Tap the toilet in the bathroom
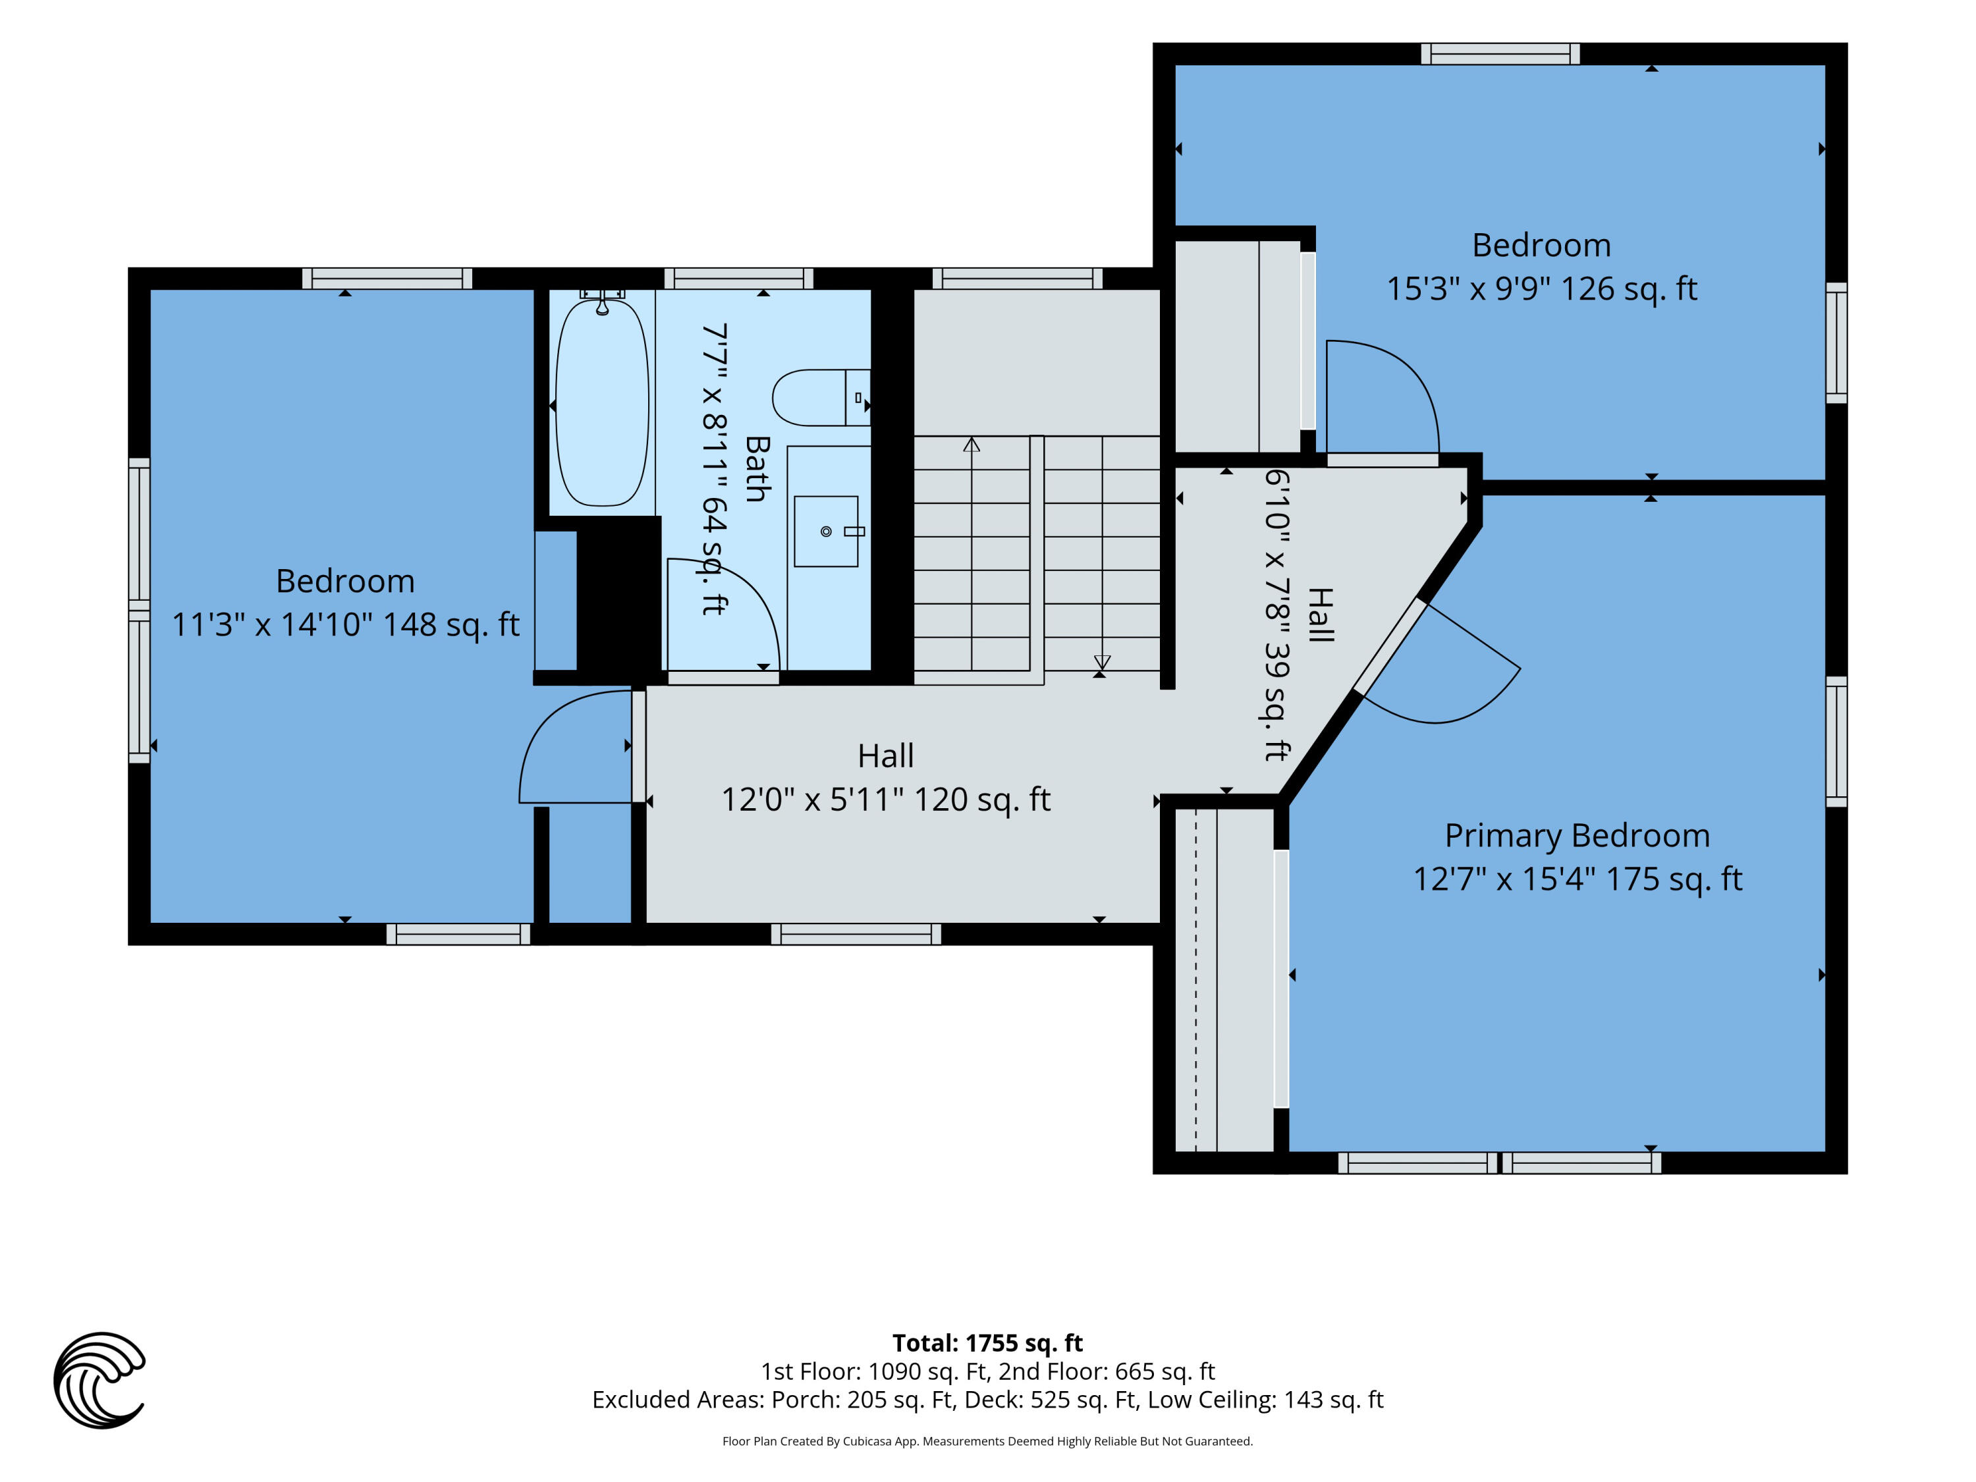[821, 398]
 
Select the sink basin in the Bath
[827, 532]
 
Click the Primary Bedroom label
[1578, 835]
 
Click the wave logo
[99, 1379]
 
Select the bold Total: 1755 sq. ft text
[987, 1342]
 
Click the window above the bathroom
[739, 279]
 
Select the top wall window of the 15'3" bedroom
[1500, 53]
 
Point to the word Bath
[757, 469]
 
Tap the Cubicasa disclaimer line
[987, 1441]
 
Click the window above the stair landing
[1018, 279]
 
